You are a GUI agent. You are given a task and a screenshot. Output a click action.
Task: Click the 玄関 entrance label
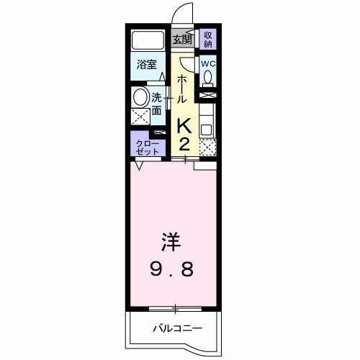click(183, 39)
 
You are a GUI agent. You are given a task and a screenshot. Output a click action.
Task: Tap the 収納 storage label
click(207, 39)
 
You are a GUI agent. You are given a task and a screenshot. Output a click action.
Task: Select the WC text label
click(207, 63)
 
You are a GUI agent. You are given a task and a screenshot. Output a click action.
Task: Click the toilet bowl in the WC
click(207, 77)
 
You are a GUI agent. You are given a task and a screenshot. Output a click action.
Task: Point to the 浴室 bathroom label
click(147, 65)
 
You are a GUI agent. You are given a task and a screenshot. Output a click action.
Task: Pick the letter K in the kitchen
click(184, 126)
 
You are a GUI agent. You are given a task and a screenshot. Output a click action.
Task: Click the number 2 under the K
click(184, 143)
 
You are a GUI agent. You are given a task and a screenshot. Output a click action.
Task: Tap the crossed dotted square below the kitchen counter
click(207, 146)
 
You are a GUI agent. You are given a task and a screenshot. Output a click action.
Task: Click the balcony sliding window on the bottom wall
click(176, 310)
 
